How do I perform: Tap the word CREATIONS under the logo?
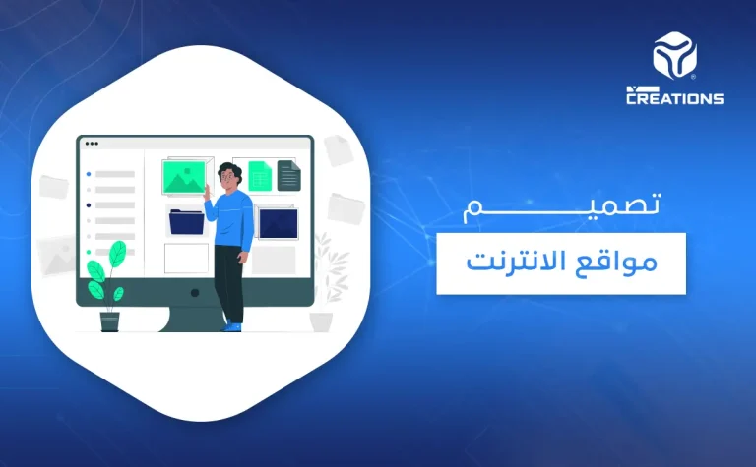(x=674, y=98)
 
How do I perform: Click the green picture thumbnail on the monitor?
(x=183, y=177)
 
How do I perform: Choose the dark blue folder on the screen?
(x=186, y=221)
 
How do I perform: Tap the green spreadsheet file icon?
(x=260, y=176)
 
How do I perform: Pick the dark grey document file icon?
(x=288, y=175)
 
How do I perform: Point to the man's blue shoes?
(x=231, y=325)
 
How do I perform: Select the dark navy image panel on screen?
(x=277, y=222)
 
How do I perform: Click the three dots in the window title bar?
(x=92, y=143)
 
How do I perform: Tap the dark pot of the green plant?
(x=109, y=320)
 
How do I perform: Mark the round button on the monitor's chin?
(x=194, y=292)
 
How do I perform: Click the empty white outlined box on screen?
(x=185, y=258)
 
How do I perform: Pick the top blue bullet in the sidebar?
(x=89, y=174)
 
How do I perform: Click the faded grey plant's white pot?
(x=321, y=321)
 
